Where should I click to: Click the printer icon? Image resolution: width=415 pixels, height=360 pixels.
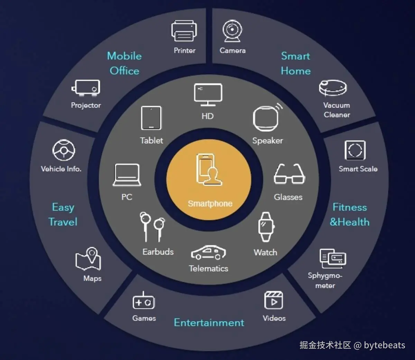click(184, 31)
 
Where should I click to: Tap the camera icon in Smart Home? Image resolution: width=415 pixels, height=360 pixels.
click(232, 31)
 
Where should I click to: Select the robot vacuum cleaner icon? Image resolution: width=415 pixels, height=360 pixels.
click(333, 88)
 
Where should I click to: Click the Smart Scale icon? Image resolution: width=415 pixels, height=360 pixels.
click(355, 150)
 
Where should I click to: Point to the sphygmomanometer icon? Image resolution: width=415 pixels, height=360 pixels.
click(332, 258)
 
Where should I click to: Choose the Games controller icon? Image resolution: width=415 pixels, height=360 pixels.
click(144, 301)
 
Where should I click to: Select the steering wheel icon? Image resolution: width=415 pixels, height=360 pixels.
click(64, 150)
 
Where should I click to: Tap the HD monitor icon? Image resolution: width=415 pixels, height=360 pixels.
click(208, 95)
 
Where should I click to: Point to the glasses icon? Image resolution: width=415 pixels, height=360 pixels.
click(289, 174)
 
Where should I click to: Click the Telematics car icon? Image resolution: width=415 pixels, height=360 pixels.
click(208, 253)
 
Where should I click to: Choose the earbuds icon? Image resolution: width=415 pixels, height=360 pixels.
click(152, 226)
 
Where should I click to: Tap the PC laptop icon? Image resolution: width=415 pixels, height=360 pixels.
click(127, 175)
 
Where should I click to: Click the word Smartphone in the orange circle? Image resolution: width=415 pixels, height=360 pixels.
click(210, 203)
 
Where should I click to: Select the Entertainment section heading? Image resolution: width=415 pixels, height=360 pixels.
click(209, 323)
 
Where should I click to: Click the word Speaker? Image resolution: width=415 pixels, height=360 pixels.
click(267, 141)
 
